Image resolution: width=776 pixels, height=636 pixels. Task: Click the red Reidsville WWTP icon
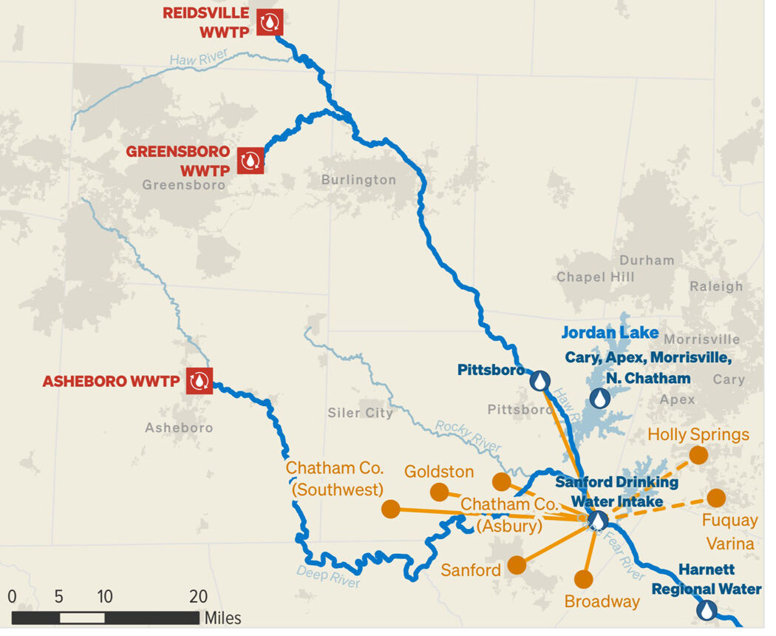(x=270, y=22)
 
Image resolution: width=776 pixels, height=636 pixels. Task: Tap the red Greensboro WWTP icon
(x=251, y=160)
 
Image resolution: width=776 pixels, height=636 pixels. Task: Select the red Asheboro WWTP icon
(x=199, y=381)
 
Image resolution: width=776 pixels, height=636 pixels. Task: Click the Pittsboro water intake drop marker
(x=540, y=381)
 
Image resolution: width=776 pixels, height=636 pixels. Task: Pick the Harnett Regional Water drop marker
(x=707, y=610)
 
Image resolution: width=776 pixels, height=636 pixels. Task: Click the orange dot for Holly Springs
(x=698, y=455)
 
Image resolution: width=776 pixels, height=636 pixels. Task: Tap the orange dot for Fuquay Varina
(x=716, y=498)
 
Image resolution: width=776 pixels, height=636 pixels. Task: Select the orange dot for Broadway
(x=584, y=579)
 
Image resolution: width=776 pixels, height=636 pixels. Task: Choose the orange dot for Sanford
(x=517, y=565)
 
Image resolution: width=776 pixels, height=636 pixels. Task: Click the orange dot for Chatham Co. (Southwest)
(x=391, y=509)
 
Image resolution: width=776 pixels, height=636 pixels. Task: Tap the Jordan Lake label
(x=610, y=333)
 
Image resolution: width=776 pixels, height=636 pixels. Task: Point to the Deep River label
(x=328, y=576)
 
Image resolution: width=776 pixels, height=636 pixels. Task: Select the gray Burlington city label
(x=359, y=180)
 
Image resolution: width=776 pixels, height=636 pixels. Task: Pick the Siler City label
(x=360, y=413)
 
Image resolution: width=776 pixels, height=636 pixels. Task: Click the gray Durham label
(x=647, y=260)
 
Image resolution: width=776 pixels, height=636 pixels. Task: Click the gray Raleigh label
(x=716, y=286)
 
